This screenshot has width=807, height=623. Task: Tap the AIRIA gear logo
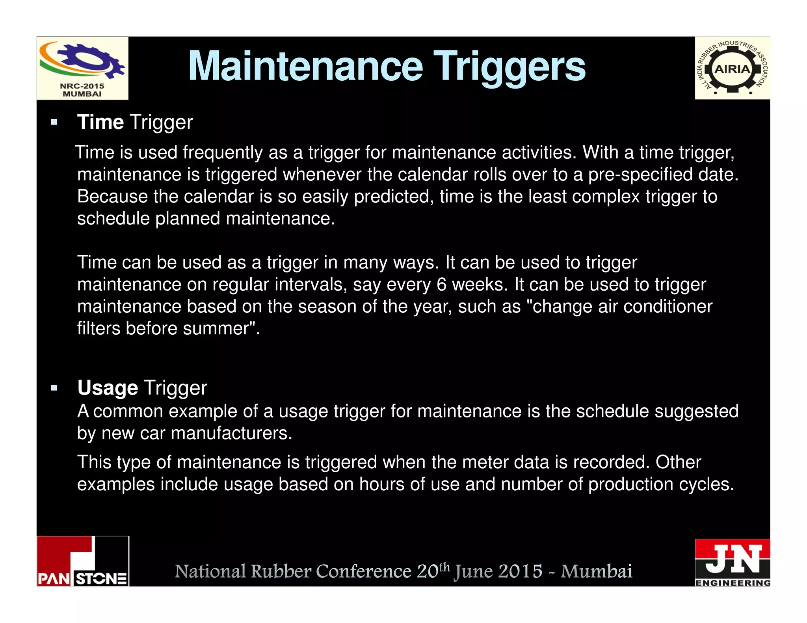(x=732, y=69)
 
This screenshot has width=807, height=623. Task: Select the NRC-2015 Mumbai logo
(x=82, y=68)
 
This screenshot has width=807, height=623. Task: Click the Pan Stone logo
(x=83, y=561)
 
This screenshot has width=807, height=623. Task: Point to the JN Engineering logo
(x=732, y=563)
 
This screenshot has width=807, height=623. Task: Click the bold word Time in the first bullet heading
(x=100, y=122)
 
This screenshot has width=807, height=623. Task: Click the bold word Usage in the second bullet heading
(x=107, y=388)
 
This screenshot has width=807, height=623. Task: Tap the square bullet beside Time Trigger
(x=54, y=122)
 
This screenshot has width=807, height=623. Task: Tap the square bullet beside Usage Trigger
(x=54, y=388)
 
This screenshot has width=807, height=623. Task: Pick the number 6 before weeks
(x=441, y=285)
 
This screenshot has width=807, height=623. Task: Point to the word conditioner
(x=668, y=306)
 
